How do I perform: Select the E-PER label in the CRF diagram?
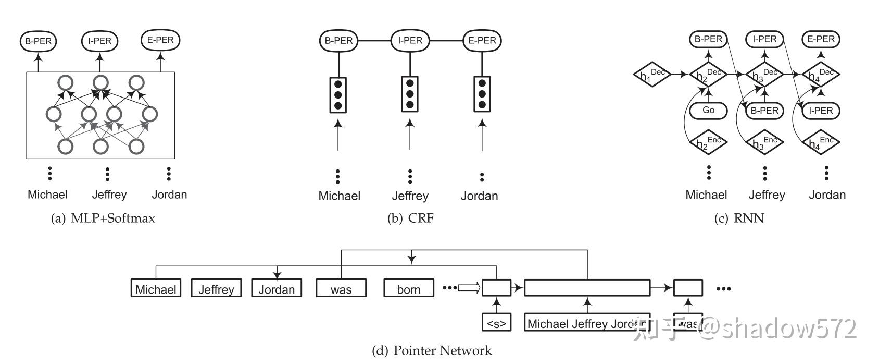(482, 40)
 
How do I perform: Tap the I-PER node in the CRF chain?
(410, 40)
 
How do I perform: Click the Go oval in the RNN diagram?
(708, 110)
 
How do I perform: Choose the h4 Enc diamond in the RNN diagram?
(821, 142)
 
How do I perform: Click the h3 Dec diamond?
(764, 75)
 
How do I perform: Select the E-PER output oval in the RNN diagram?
(821, 39)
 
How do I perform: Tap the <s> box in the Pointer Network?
(496, 323)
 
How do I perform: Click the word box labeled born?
(409, 288)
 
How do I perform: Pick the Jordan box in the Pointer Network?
(277, 288)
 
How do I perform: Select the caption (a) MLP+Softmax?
(103, 219)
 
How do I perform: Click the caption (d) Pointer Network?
(432, 350)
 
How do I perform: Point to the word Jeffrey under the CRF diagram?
(410, 196)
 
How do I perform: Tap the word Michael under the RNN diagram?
(706, 195)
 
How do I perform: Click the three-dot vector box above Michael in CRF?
(338, 94)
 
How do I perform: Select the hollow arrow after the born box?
(469, 288)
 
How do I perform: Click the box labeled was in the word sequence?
(341, 288)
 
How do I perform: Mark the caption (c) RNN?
(739, 219)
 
